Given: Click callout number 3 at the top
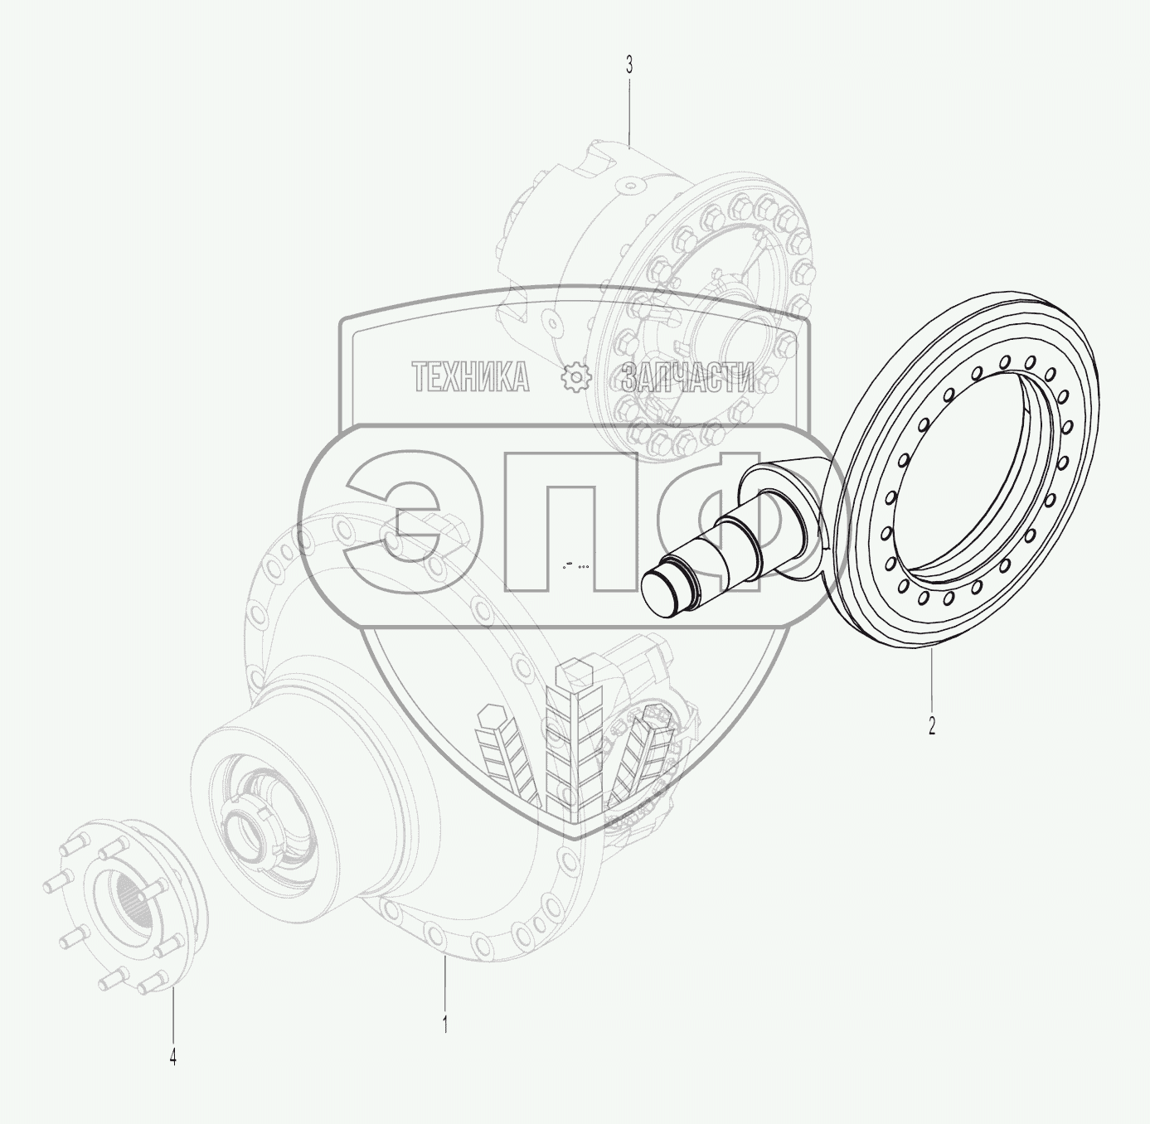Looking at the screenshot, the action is click(629, 65).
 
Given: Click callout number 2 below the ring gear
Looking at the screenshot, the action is click(932, 725).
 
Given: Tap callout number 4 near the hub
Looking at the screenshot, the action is click(173, 1058).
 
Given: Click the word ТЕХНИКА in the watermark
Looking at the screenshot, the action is click(470, 377).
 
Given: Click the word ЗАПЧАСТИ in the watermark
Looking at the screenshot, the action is click(688, 377).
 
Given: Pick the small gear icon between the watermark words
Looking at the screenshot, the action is click(575, 378).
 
